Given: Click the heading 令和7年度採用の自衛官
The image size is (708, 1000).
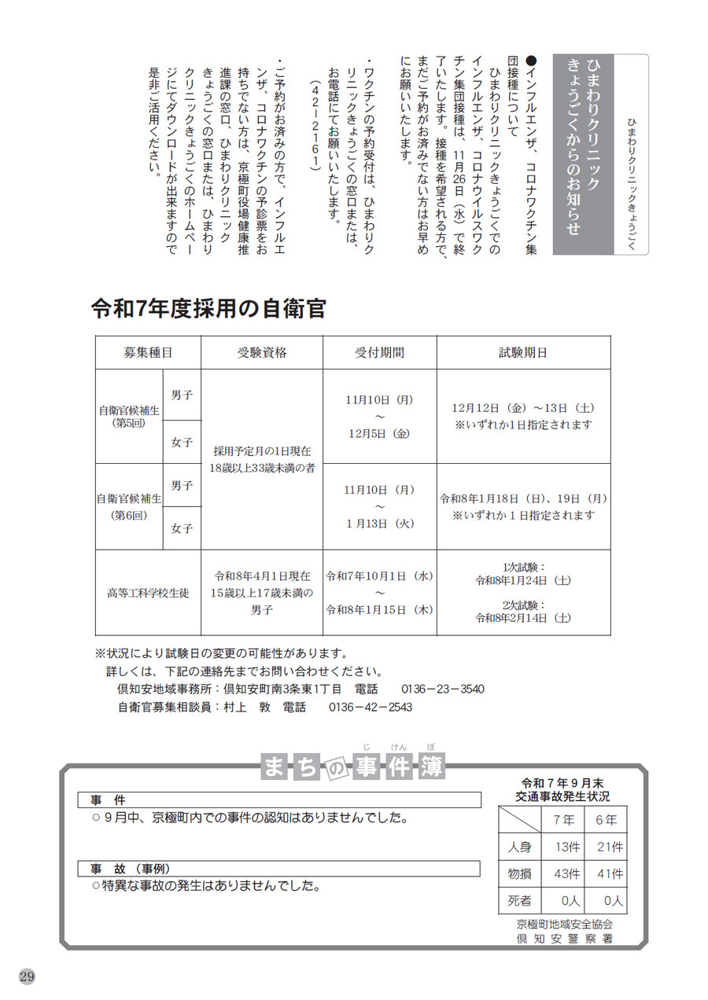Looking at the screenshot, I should pos(208,308).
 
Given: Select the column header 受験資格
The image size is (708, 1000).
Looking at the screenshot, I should pos(261,352).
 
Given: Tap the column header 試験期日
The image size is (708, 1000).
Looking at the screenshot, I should pos(523,352).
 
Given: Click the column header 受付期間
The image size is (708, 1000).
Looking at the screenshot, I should pos(379,352).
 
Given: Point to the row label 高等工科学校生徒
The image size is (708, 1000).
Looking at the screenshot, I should pos(148,593).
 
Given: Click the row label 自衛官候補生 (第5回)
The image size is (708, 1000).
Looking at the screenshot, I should pos(128,416).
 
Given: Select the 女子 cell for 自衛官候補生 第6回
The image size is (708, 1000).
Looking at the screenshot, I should pos(182,528).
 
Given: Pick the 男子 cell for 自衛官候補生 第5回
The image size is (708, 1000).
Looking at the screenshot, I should pos(182,395).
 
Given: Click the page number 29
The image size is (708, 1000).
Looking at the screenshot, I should pos(26,976).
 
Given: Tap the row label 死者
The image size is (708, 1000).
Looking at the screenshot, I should pos(520,900).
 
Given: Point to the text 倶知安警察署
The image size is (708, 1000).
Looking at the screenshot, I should pos(563,939).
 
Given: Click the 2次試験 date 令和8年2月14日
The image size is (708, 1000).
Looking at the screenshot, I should pos(523,618).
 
